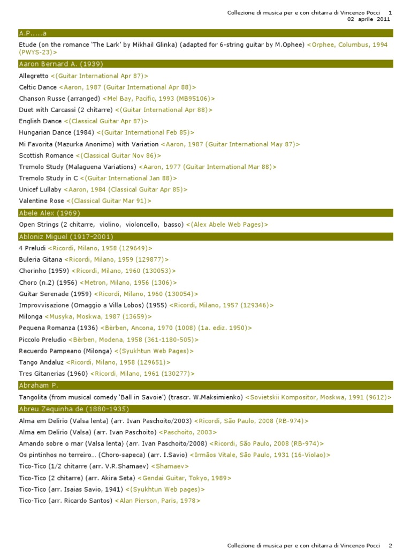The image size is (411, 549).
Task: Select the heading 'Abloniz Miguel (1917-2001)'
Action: pyautogui.click(x=66, y=236)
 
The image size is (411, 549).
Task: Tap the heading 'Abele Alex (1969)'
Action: pyautogui.click(x=49, y=213)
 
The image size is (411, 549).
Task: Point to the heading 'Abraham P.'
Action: pyautogui.click(x=39, y=385)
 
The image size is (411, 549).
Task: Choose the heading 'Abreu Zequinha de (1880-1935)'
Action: pyautogui.click(x=74, y=409)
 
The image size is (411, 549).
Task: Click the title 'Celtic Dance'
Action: pyautogui.click(x=37, y=87)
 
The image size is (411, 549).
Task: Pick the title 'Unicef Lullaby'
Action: pyautogui.click(x=40, y=189)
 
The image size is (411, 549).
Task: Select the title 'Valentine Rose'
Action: pyautogui.click(x=41, y=201)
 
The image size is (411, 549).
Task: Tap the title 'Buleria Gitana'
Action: pyautogui.click(x=41, y=259)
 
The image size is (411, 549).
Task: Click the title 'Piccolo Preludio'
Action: pyautogui.click(x=43, y=339)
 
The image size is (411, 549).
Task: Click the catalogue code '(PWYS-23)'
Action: pyautogui.click(x=37, y=53)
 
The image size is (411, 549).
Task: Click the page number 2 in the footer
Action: pyautogui.click(x=390, y=545)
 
